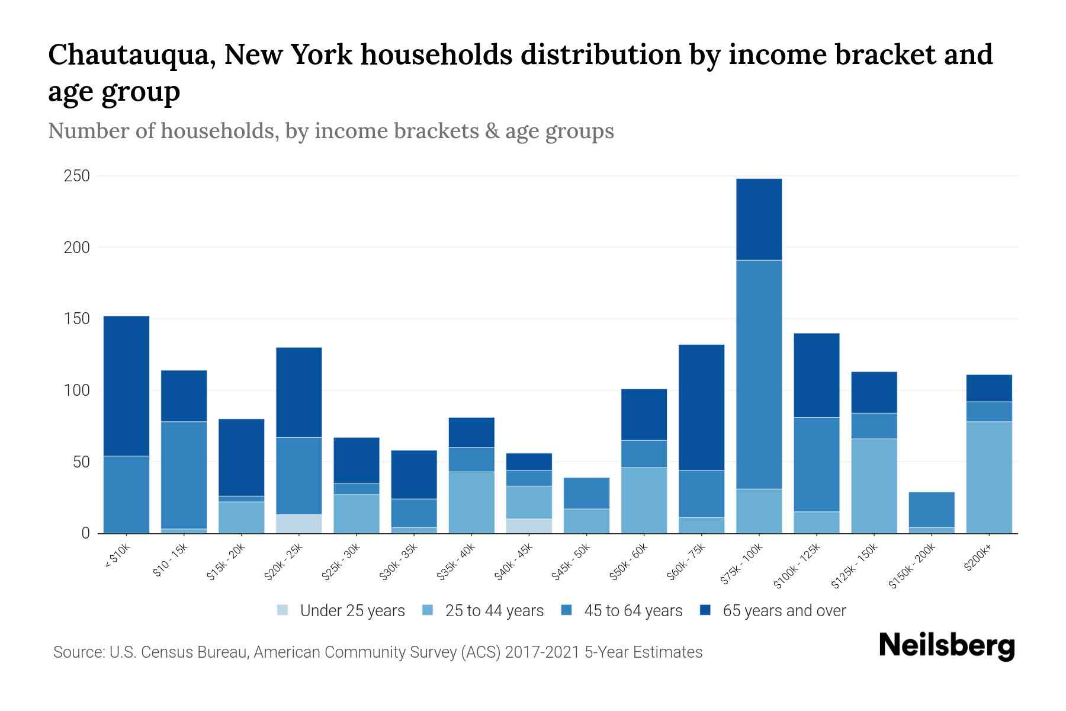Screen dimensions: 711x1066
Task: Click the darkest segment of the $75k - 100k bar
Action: pyautogui.click(x=759, y=219)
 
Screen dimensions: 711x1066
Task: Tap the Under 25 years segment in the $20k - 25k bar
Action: pyautogui.click(x=298, y=524)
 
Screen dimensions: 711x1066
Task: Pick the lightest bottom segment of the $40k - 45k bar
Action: pyautogui.click(x=529, y=526)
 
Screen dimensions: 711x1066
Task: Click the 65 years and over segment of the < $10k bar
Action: pyautogui.click(x=126, y=386)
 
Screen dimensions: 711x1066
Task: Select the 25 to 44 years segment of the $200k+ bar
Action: pyautogui.click(x=988, y=477)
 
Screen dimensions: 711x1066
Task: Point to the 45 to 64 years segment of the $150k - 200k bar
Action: pyautogui.click(x=931, y=510)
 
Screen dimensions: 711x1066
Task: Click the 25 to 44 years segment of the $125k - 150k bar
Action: pyautogui.click(x=874, y=486)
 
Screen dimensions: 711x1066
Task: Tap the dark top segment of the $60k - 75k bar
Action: pyautogui.click(x=701, y=407)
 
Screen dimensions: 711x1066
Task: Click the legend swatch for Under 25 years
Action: pyautogui.click(x=283, y=610)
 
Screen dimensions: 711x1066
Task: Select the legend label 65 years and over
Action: pyautogui.click(x=784, y=611)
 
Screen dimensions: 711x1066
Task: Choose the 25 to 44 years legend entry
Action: pyautogui.click(x=494, y=611)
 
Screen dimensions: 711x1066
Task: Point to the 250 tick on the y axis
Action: pyautogui.click(x=77, y=176)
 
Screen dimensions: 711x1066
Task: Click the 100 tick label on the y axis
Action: pyautogui.click(x=77, y=390)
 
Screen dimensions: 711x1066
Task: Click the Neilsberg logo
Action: pyautogui.click(x=946, y=646)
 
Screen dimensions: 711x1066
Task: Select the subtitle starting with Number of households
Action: pyautogui.click(x=331, y=131)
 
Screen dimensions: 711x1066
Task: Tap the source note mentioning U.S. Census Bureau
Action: pyautogui.click(x=378, y=652)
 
